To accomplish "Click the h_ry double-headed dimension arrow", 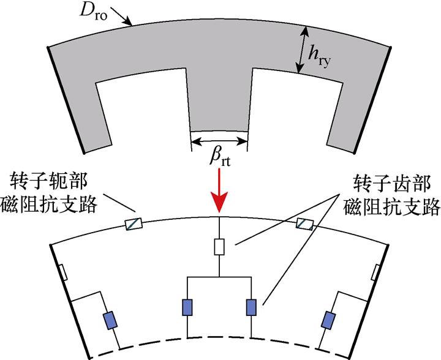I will pos(301,49).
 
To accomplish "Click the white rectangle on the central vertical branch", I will pos(219,247).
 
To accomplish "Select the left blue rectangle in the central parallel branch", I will pos(187,307).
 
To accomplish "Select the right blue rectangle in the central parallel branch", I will pos(251,307).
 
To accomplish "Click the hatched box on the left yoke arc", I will pos(134,224).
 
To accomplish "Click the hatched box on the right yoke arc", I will pos(304,223).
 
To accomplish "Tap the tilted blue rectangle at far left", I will pos(110,320).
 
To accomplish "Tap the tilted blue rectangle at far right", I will pos(329,320).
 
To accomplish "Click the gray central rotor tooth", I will pos(219,104).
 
